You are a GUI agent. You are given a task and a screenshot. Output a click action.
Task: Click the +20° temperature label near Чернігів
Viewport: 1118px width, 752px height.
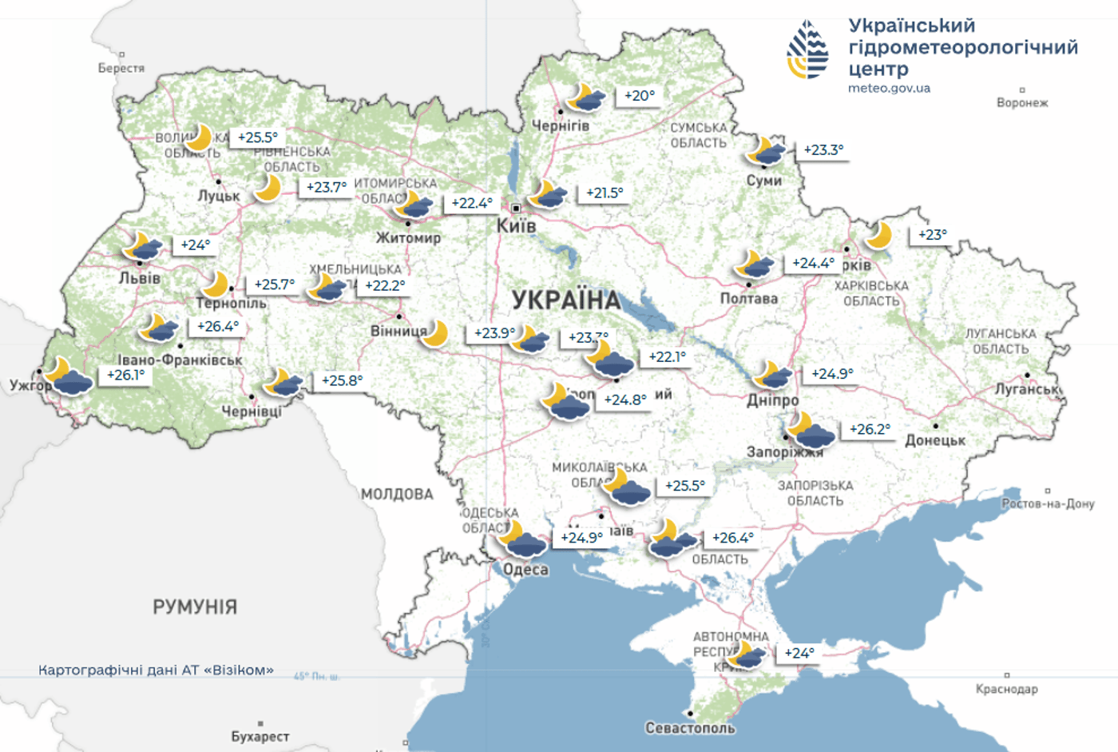tap(639, 96)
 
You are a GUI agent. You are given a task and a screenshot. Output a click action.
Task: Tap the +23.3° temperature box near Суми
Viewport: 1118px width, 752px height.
tap(823, 150)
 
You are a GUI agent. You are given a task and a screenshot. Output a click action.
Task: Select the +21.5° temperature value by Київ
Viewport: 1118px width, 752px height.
tap(604, 193)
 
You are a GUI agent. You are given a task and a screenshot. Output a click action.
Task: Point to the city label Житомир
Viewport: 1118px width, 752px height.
tap(408, 237)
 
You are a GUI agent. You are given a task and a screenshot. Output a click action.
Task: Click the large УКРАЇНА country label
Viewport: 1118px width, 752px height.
tap(565, 300)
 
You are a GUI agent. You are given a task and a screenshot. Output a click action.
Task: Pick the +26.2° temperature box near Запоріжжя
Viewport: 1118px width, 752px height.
tap(869, 430)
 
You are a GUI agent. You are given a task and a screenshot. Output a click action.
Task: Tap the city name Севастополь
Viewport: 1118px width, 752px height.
tap(690, 728)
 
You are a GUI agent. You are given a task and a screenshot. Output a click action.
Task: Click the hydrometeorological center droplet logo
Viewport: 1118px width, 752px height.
tap(807, 50)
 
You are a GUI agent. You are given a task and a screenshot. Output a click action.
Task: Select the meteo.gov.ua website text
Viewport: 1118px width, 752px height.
tap(889, 89)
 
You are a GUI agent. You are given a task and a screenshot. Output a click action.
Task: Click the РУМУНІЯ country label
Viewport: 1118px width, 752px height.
tap(195, 607)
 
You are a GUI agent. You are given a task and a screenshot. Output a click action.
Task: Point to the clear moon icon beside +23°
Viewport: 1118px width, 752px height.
tap(879, 236)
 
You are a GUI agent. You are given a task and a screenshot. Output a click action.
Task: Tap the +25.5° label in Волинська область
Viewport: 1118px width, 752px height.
tap(257, 138)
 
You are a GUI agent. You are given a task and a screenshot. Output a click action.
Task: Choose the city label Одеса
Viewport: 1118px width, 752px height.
tap(525, 570)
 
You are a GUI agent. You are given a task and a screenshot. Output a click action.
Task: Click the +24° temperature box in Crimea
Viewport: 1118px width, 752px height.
tap(799, 654)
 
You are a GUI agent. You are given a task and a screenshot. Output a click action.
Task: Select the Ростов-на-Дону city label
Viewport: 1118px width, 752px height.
tap(1048, 504)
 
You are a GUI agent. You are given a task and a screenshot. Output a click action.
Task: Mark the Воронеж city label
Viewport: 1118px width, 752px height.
tap(1021, 103)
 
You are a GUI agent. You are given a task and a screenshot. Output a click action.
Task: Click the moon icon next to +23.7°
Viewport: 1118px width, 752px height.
tap(268, 189)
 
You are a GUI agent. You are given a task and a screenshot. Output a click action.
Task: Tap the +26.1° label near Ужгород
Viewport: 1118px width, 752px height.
tap(125, 376)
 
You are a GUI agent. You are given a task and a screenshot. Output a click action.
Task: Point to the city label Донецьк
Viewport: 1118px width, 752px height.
tap(935, 440)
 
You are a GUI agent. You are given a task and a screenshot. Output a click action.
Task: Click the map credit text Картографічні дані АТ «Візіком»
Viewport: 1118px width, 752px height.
tap(156, 670)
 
